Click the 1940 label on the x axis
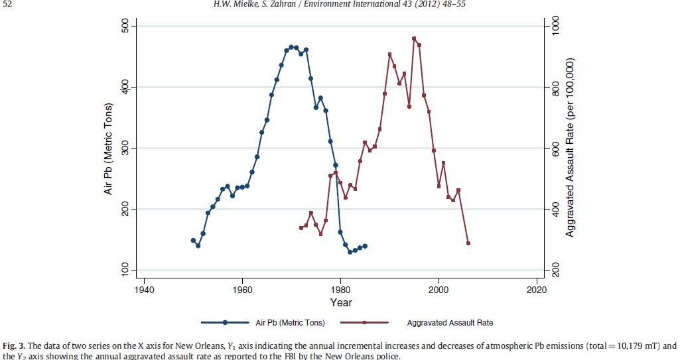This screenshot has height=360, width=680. (x=144, y=290)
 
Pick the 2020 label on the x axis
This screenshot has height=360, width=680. (x=536, y=290)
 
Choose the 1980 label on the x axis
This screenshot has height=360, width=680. (x=340, y=290)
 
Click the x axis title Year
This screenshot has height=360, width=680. (x=342, y=303)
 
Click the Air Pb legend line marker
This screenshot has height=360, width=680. (x=226, y=323)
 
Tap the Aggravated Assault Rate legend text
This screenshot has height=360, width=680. (x=450, y=323)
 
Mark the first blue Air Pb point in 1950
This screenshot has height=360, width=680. (x=193, y=240)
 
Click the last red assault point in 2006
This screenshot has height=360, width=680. (x=468, y=243)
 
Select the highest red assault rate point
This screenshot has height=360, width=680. (x=414, y=38)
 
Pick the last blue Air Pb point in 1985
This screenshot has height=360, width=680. (x=365, y=246)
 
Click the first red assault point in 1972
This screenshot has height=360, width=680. (x=301, y=227)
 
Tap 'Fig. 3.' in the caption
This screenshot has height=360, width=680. (x=13, y=345)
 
